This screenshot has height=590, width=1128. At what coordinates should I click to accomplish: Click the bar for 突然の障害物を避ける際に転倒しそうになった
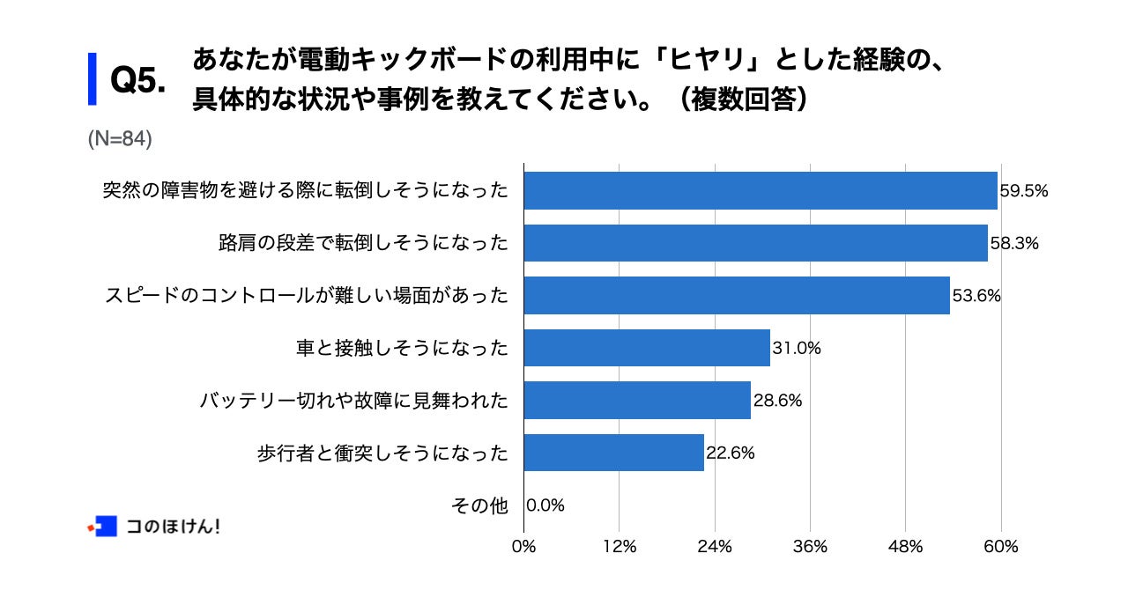pos(761,190)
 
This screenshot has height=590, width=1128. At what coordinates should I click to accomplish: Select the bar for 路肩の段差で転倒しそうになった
pos(755,243)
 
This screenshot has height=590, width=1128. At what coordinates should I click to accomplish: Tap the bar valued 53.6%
pos(737,296)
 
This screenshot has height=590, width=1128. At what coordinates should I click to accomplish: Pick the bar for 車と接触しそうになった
pos(647,348)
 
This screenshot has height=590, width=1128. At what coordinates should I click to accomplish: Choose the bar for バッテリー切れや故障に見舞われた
pos(637,401)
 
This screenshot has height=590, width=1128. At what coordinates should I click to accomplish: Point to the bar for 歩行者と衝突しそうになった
pos(613,453)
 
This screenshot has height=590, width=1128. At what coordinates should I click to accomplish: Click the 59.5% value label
pos(1024,190)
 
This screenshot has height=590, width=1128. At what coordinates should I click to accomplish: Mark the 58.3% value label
pos(1013,243)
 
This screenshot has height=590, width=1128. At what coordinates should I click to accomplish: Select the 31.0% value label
pos(797,348)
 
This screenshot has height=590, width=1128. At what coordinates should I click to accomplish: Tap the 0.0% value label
pos(545,505)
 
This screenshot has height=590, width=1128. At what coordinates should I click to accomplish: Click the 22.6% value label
pos(731,453)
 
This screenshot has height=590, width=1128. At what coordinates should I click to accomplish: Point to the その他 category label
pos(480,505)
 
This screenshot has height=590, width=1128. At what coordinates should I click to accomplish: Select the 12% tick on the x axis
pos(620,547)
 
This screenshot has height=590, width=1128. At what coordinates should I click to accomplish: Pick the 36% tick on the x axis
pos(810,547)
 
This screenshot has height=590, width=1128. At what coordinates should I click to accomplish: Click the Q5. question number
pos(138,81)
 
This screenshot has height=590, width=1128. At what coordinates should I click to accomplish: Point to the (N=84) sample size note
pos(121,138)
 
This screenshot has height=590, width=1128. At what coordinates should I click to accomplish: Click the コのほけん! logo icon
pos(103,527)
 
